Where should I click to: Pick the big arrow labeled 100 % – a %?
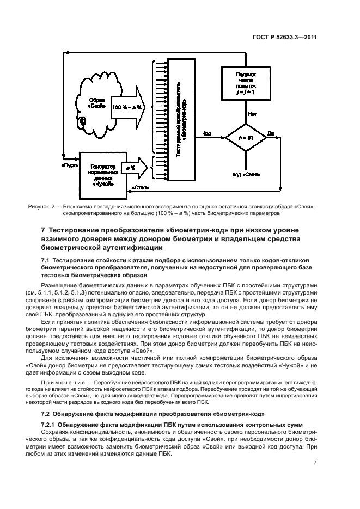tap(129, 107)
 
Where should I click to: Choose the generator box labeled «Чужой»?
tap(101, 175)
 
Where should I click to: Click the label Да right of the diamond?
tap(271, 133)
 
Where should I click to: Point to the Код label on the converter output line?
tap(207, 133)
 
